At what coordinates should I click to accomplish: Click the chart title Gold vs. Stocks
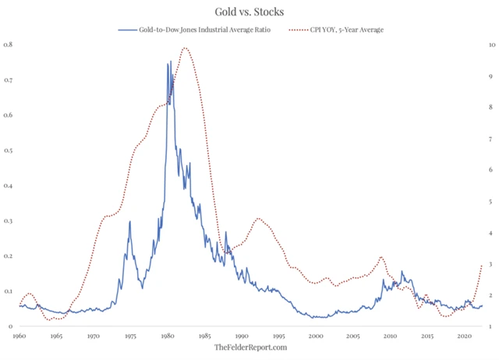pyautogui.click(x=249, y=12)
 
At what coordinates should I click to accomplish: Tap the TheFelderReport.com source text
pyautogui.click(x=250, y=347)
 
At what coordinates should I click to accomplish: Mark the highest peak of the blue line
pyautogui.click(x=168, y=63)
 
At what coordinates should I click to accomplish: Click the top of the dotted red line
pyautogui.click(x=186, y=48)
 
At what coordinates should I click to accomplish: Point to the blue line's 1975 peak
pyautogui.click(x=129, y=222)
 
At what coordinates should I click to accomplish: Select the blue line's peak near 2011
pyautogui.click(x=402, y=272)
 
